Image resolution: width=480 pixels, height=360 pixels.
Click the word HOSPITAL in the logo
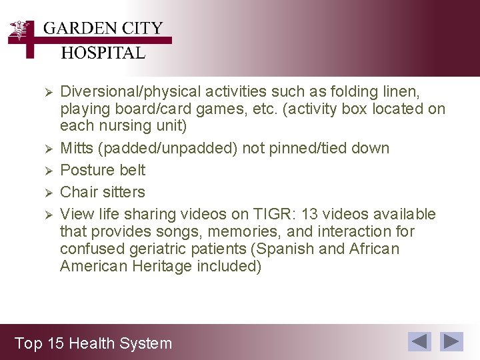(103, 53)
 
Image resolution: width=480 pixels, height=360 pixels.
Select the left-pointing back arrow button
(419, 341)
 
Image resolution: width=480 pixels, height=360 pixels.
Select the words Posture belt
(103, 170)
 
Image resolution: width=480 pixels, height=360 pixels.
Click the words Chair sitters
(102, 192)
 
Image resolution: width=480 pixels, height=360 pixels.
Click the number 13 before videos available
(310, 214)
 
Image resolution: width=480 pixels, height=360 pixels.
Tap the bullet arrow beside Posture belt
(47, 170)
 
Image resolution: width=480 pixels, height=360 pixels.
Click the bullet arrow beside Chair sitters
(47, 192)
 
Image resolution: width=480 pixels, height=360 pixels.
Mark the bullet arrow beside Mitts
(47, 148)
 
